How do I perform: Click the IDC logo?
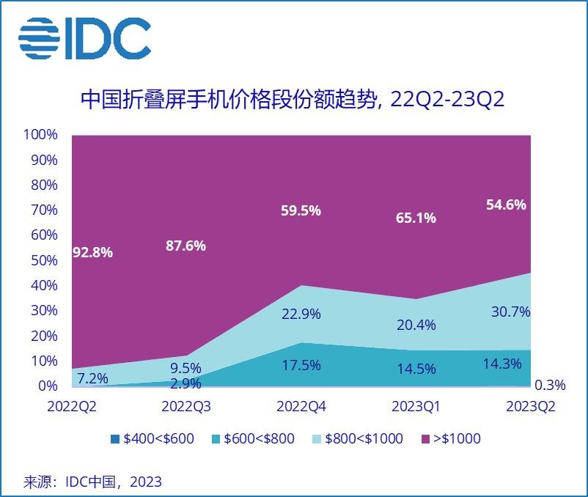point(84,38)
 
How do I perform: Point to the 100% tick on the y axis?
point(40,135)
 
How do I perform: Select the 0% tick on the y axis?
point(47,386)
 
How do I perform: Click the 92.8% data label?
point(93,252)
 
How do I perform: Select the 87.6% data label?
point(186,246)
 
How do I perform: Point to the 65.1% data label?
point(416,217)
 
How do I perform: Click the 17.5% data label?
point(301,364)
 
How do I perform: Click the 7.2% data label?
point(93,378)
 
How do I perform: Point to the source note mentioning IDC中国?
point(93,482)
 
